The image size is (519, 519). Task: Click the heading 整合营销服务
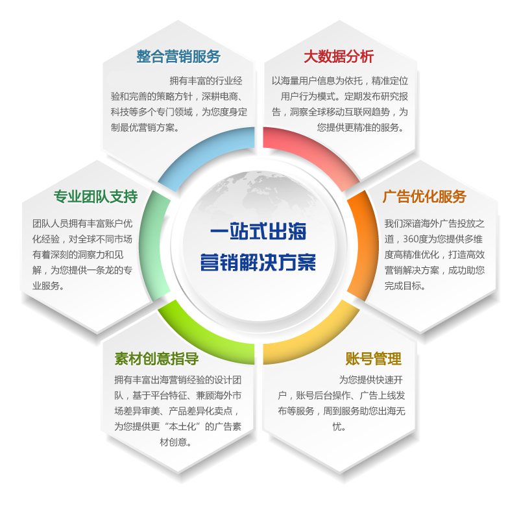click(x=178, y=56)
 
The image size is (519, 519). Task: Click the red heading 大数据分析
click(x=339, y=56)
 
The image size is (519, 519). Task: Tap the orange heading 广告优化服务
click(x=424, y=196)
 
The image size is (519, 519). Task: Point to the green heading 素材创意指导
click(x=156, y=359)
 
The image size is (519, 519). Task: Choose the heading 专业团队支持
click(x=95, y=196)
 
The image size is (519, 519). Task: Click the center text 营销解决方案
click(x=258, y=263)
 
